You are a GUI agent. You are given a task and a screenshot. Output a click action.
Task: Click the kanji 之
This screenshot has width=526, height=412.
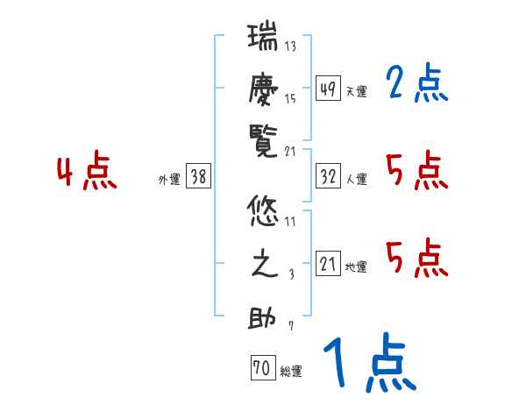[x=264, y=265]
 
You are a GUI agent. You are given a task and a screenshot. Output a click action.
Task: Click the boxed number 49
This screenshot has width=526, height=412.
[x=328, y=89]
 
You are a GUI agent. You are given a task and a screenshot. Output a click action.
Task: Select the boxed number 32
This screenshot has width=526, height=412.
[x=328, y=177]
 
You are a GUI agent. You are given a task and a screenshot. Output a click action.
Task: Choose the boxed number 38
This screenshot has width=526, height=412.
[x=198, y=177]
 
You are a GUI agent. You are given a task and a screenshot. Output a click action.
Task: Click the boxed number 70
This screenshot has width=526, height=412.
[x=262, y=369]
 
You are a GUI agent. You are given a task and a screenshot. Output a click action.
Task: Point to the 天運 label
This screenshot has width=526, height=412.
[x=356, y=91]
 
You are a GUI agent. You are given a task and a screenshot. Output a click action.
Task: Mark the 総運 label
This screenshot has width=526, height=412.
[x=291, y=372]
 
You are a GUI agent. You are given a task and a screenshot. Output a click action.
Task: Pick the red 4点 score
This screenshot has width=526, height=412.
[x=87, y=172]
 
